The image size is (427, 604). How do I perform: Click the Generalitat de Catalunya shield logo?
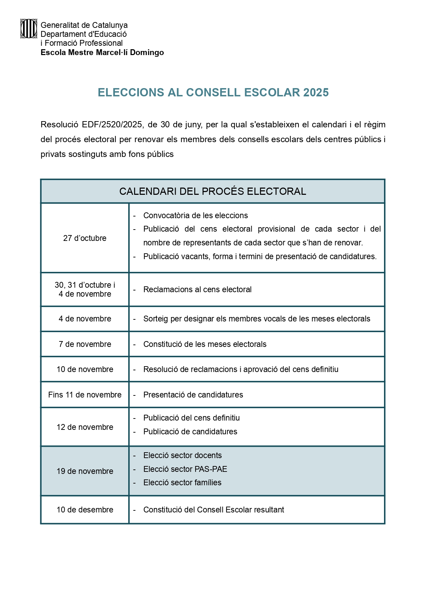29,29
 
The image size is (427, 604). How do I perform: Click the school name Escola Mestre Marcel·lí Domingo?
102,53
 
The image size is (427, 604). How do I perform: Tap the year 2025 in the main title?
316,93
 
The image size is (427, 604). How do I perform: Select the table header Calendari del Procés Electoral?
212,191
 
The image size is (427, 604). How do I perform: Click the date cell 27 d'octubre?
85,238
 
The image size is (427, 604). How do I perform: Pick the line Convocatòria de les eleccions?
195,215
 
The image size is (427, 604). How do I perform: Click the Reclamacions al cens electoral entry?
197,289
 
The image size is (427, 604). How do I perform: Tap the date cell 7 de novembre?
85,344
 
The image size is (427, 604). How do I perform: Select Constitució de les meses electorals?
205,344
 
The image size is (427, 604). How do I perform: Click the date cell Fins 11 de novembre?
85,395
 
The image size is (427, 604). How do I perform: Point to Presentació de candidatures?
193,395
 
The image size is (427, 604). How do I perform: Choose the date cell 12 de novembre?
85,427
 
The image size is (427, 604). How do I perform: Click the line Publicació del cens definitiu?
191,418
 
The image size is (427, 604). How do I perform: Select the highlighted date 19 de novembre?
85,471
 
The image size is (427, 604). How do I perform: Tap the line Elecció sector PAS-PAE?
185,469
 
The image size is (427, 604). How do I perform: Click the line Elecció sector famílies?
182,483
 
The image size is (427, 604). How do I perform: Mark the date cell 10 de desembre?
85,510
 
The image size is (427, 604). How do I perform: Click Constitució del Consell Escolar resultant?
213,510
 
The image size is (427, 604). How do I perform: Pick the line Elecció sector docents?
182,455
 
